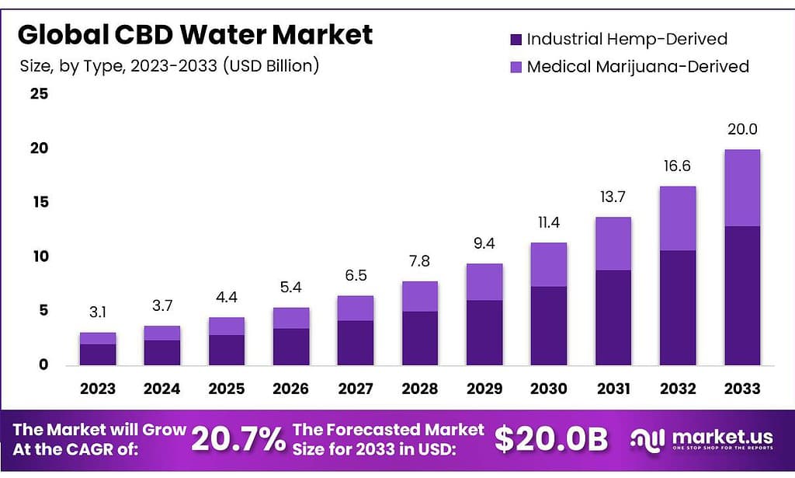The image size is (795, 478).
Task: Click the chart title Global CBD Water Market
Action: [195, 34]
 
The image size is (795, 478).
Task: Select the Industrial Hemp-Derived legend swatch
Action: [516, 39]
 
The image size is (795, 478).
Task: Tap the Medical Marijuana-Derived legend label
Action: [637, 67]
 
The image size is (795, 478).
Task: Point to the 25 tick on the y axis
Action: [39, 94]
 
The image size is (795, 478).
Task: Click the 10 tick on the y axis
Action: [39, 256]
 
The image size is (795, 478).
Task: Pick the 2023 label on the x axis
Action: [97, 389]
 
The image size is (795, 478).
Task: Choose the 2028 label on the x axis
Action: [419, 389]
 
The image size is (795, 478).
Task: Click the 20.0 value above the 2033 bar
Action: [742, 129]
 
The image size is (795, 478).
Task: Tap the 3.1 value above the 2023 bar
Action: [97, 312]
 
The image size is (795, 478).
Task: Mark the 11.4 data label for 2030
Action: [549, 223]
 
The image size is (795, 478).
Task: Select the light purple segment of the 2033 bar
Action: [742, 188]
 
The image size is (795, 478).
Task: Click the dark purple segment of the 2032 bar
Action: [678, 308]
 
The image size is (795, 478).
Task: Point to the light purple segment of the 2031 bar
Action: [613, 243]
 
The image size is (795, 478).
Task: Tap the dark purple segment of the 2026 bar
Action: [291, 347]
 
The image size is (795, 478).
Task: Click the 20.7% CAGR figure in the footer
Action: [238, 440]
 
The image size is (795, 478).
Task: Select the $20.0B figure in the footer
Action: [551, 440]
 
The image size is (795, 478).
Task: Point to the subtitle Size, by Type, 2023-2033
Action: [169, 66]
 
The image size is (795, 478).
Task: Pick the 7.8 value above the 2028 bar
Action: [419, 262]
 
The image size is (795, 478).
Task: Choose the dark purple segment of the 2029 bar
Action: [484, 333]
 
